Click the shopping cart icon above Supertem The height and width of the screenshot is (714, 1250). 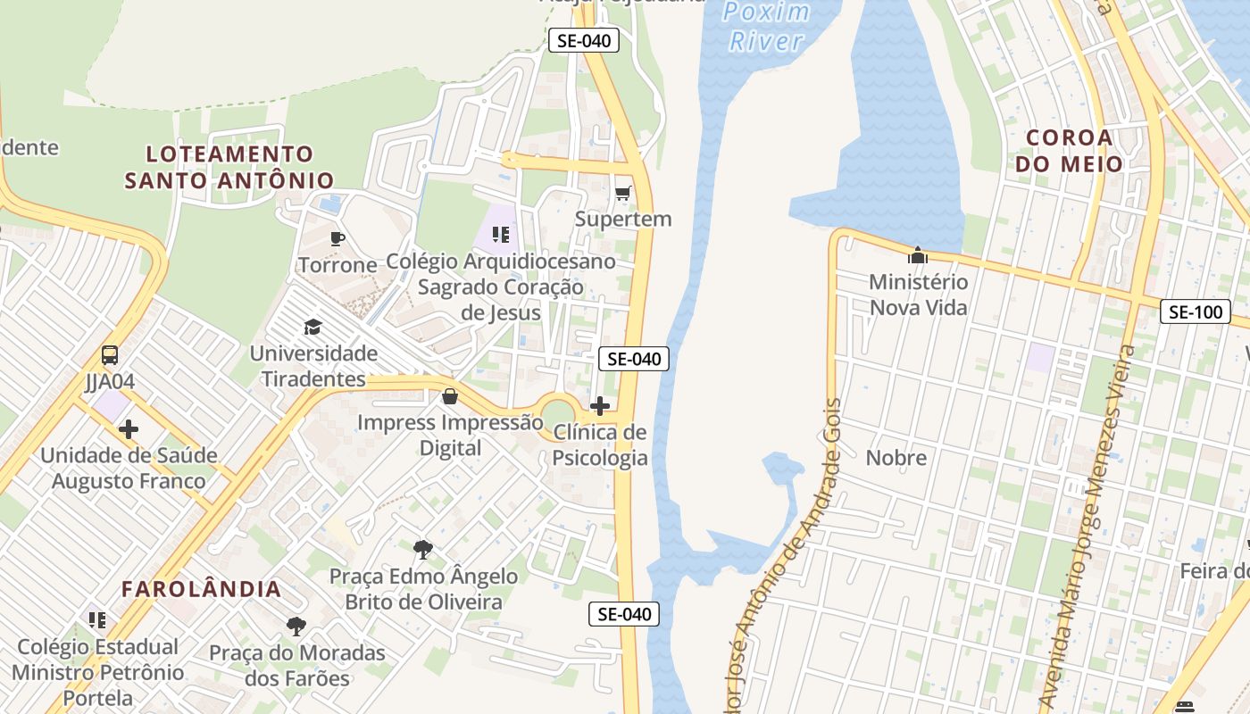pos(623,193)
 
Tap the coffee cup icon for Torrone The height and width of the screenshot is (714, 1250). pos(337,238)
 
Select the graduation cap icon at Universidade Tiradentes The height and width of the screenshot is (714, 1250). pos(312,327)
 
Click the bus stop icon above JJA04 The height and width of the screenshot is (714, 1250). pos(110,355)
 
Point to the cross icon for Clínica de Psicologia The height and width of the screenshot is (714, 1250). pos(600,407)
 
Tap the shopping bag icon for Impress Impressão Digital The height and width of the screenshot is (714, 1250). pos(450,396)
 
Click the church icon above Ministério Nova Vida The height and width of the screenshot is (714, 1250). pos(918,256)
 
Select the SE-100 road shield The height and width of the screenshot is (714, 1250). pos(1195,312)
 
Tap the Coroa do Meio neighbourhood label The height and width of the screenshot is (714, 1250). pos(1069,151)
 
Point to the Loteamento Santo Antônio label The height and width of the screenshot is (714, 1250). pos(229,167)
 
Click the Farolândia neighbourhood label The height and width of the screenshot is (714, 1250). pos(202,589)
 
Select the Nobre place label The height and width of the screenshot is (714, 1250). pos(896,458)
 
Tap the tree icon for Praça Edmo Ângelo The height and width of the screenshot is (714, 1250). pos(423,549)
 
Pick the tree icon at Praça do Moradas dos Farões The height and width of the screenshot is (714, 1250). pos(296,627)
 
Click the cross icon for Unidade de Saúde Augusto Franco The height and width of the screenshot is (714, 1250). pos(129,429)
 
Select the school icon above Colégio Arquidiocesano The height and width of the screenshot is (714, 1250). pos(501,235)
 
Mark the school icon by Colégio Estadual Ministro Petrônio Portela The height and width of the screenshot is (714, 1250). pos(97,619)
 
